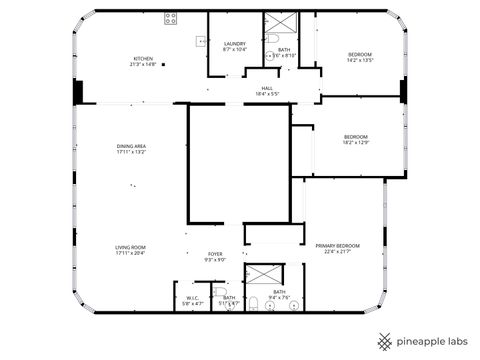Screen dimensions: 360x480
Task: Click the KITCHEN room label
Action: coord(144,59)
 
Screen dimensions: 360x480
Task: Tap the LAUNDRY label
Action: coord(235,43)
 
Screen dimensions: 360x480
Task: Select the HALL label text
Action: coord(267,88)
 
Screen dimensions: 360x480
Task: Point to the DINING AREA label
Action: coord(131,147)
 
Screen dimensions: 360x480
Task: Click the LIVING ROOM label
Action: coord(131,247)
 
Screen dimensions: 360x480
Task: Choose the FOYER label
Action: coord(215,254)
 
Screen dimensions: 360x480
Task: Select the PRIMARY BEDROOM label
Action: coord(337,246)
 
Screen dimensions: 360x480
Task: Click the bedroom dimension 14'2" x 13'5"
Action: coord(360,60)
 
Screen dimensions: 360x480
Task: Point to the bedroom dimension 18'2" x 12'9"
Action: coord(356,142)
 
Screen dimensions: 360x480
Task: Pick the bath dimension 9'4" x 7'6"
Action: coord(279,297)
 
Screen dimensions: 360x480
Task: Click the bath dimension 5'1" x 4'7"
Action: coord(229,303)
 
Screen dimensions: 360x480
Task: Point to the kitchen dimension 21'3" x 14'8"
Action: coord(144,65)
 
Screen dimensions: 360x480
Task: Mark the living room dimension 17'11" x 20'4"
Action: coord(131,253)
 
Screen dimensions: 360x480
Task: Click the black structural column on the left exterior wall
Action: coord(76,91)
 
